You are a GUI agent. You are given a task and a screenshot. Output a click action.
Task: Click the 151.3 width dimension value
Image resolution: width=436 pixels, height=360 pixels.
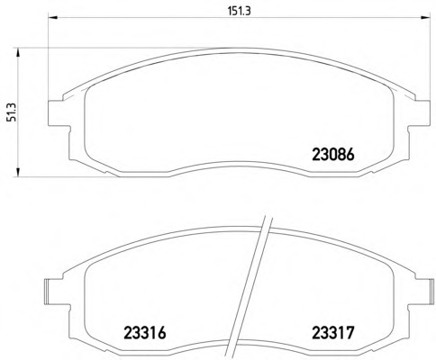(239, 11)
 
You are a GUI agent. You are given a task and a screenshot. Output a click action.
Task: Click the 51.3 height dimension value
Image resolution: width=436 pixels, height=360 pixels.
(12, 112)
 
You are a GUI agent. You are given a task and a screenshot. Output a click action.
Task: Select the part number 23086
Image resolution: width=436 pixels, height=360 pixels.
(333, 155)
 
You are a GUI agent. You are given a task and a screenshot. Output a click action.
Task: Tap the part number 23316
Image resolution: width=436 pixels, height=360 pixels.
(145, 333)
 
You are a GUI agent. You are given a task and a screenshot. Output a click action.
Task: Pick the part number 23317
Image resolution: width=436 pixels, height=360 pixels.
(333, 333)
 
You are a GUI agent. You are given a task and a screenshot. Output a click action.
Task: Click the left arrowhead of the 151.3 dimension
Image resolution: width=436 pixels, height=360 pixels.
(52, 17)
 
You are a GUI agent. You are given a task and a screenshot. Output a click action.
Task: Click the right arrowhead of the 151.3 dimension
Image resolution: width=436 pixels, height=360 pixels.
(425, 17)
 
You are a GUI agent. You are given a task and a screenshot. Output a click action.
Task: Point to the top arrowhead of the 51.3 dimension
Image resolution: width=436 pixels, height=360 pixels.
(18, 52)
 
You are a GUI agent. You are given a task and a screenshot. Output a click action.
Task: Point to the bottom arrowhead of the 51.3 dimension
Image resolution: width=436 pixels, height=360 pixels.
(18, 172)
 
